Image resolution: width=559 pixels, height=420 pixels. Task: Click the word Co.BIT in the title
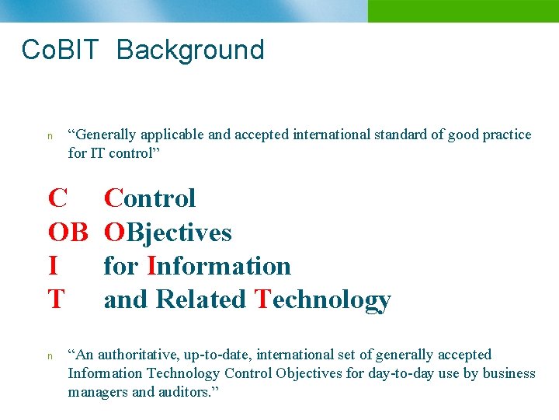(x=61, y=50)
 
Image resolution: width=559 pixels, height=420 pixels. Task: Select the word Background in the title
(x=190, y=50)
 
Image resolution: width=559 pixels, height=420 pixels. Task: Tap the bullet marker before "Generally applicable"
(x=50, y=135)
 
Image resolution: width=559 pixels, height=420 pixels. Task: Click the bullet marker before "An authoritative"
(x=50, y=356)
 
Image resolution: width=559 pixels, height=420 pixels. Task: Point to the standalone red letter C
(x=57, y=198)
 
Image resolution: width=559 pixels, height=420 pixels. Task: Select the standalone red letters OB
(x=68, y=233)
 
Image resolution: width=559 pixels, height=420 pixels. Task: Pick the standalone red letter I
(x=53, y=266)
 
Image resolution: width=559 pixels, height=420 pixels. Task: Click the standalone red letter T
(x=56, y=299)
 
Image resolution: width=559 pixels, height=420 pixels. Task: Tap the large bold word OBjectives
(x=168, y=233)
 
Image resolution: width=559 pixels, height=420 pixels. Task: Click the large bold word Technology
(x=322, y=299)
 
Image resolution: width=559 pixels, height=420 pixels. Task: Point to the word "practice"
(x=507, y=135)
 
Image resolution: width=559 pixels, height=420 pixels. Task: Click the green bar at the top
(x=463, y=11)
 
